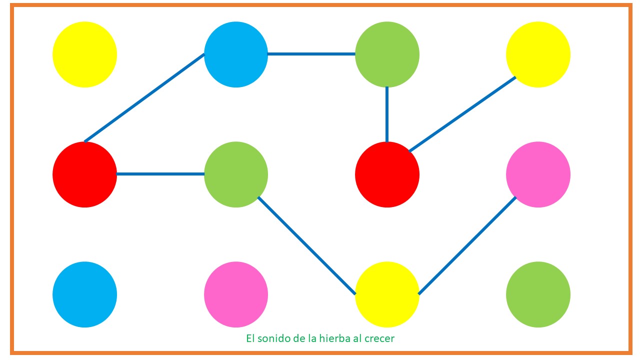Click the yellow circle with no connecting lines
coord(84,54)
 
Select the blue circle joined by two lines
coord(236,54)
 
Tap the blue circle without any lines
coord(84,294)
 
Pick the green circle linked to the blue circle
coord(387,54)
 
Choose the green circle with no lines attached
coord(538,294)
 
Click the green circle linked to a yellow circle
coord(236,174)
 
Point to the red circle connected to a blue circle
coord(84,174)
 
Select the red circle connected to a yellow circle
coord(387,174)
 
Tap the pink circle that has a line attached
coord(538,174)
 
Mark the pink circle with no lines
coord(236,294)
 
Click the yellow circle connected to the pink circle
coord(387,294)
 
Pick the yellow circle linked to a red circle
coord(538,54)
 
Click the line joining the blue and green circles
coord(311,54)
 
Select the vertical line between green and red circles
coord(387,114)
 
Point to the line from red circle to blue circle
coord(145,97)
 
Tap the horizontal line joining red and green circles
coord(160,174)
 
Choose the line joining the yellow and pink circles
coord(467,245)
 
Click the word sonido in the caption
coord(273,338)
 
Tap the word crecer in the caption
coord(379,338)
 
